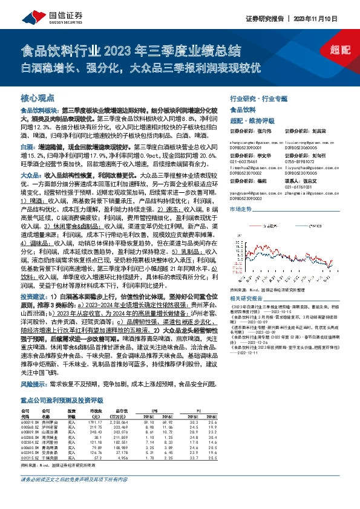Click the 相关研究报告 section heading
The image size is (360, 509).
tap(247, 299)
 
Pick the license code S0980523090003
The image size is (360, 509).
tap(247, 196)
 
